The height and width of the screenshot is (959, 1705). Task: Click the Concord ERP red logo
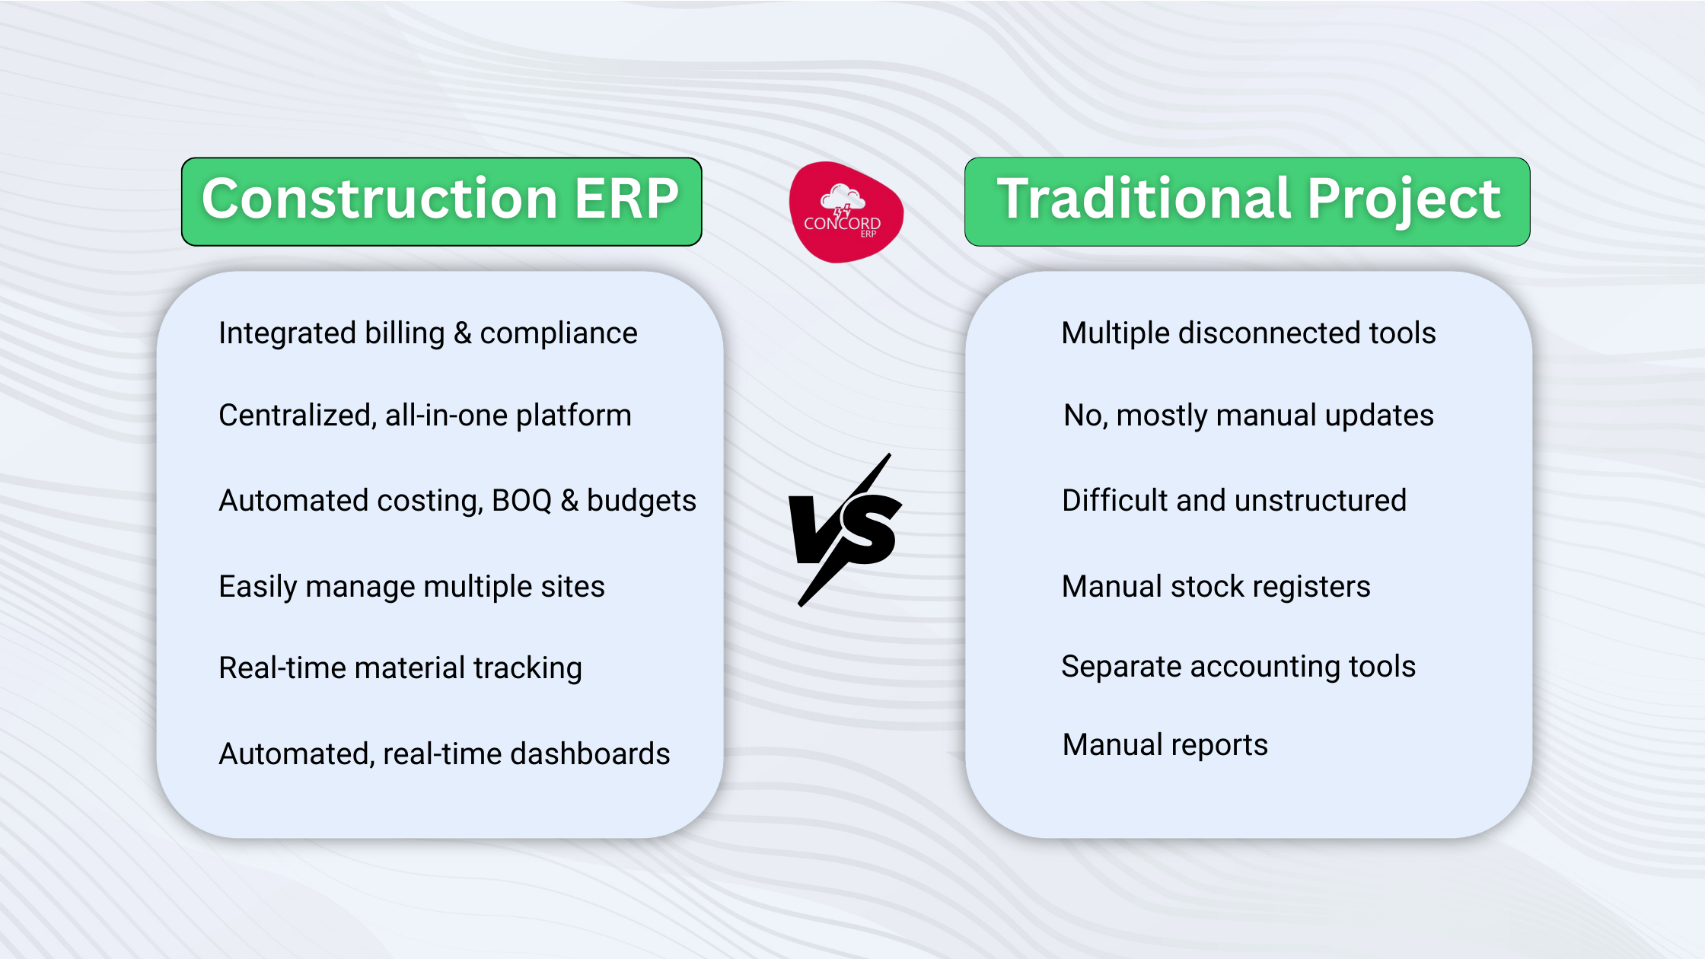pos(846,213)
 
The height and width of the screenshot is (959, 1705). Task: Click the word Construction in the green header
pos(381,199)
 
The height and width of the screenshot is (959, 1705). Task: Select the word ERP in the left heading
pos(626,199)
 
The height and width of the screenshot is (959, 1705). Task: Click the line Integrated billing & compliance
pos(428,333)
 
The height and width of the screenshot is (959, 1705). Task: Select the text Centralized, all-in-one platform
pos(425,416)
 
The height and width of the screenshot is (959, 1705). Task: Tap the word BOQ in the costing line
pos(521,501)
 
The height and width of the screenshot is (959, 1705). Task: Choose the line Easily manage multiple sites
pos(411,587)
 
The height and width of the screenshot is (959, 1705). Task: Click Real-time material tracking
pos(400,668)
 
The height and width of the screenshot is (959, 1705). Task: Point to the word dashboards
pos(590,753)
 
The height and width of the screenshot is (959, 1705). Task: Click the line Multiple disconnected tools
pos(1248,333)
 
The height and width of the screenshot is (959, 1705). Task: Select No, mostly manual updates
pos(1248,416)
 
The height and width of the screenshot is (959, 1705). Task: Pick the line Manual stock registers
pos(1216,587)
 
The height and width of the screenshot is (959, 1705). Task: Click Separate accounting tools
pos(1238,667)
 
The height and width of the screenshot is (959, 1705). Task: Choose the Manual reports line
pos(1165,745)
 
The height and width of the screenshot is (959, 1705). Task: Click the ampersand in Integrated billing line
pos(462,333)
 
